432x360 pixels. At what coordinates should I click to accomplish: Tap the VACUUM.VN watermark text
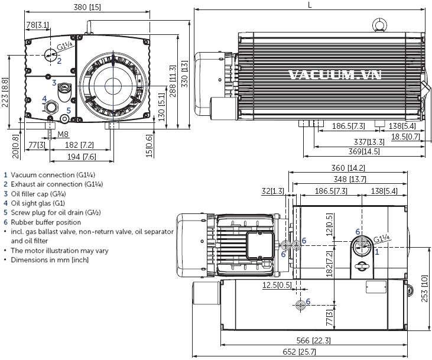coord(335,75)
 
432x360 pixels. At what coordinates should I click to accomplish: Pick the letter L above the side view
coord(311,5)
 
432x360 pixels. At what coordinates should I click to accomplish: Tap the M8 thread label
coord(63,135)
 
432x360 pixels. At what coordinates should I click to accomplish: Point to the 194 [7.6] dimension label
coord(81,157)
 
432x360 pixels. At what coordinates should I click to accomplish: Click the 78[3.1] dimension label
coord(38,25)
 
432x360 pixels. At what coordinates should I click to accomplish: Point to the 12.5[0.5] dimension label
coord(277,286)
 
